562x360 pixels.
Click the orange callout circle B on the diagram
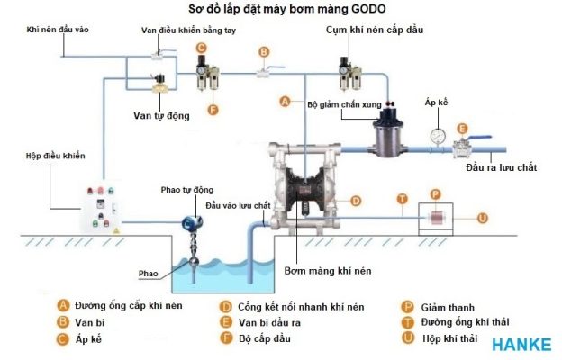coord(263,52)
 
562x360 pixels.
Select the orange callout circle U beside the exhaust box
coord(483,217)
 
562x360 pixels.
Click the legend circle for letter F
coord(225,337)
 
